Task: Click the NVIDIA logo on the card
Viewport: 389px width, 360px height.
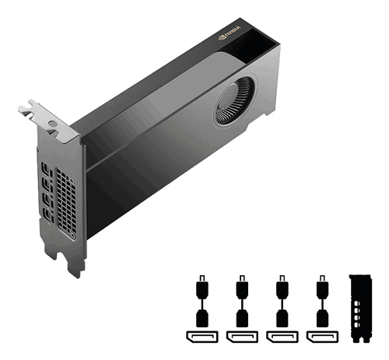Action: point(230,33)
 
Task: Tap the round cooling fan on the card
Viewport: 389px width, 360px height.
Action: point(234,100)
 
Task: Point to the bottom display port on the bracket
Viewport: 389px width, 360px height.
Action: point(48,215)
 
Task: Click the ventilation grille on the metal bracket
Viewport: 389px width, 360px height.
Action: point(66,204)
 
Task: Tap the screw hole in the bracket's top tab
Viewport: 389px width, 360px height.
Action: point(52,124)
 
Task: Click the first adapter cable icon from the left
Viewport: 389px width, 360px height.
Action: point(202,301)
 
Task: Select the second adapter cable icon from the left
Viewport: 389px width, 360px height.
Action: point(242,301)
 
